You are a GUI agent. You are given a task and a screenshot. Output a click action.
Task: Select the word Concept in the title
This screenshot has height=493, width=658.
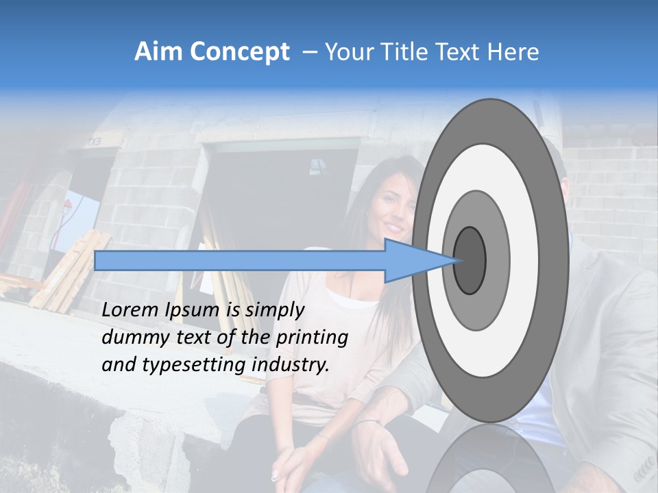pyautogui.click(x=239, y=52)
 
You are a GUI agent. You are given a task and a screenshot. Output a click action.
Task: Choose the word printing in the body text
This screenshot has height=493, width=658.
pyautogui.click(x=311, y=338)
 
